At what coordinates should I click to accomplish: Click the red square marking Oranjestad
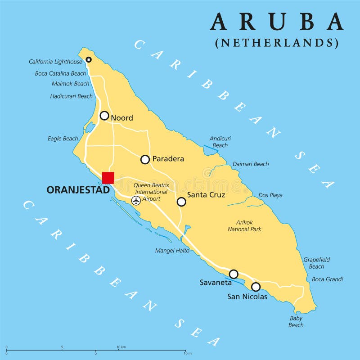(x=108, y=178)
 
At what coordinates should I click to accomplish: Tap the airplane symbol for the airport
(x=136, y=201)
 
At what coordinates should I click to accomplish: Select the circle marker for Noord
(x=104, y=116)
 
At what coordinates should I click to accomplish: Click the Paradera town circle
(x=145, y=159)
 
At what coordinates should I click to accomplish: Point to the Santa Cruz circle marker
(x=181, y=202)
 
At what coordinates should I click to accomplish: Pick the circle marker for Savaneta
(x=234, y=274)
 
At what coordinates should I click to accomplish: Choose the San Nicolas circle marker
(x=256, y=287)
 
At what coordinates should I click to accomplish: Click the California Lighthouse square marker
(x=89, y=59)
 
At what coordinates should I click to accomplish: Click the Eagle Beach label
(x=63, y=139)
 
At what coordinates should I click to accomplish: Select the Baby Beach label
(x=296, y=321)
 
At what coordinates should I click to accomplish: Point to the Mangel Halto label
(x=172, y=251)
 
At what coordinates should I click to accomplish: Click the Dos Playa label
(x=270, y=195)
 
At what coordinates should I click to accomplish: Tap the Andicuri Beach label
(x=220, y=142)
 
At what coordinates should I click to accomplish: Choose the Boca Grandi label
(x=327, y=279)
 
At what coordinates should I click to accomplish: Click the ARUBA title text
(x=276, y=22)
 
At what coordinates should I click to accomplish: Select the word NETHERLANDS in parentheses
(x=277, y=43)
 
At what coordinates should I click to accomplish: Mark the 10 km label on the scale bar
(x=121, y=347)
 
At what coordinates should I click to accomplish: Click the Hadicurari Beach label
(x=72, y=96)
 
